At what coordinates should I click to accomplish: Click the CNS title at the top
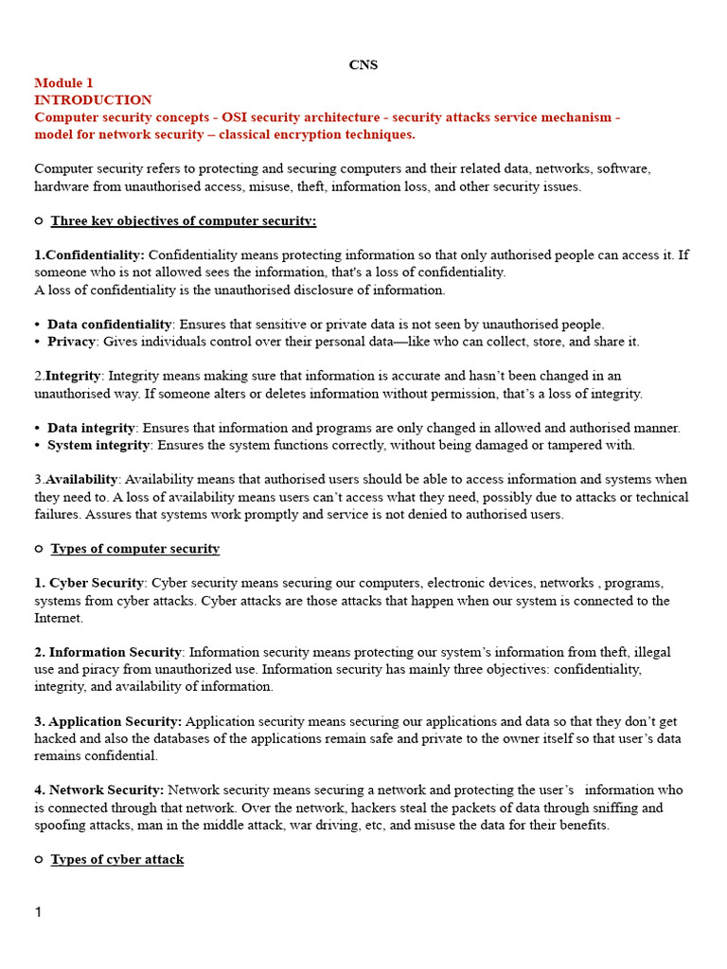point(363,65)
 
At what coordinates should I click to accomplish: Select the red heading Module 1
point(64,83)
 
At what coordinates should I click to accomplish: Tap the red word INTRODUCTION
point(93,100)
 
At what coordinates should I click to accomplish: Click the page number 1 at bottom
point(39,912)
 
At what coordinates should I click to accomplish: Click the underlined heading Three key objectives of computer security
point(183,220)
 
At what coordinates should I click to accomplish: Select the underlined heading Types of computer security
point(134,549)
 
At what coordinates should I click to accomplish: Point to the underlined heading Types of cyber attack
point(116,859)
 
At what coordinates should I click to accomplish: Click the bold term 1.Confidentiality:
point(90,255)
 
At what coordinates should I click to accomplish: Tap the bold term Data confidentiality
point(110,325)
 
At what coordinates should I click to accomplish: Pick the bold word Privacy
point(72,342)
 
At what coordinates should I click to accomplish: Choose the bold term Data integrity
point(92,428)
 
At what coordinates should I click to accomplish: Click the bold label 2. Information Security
point(108,652)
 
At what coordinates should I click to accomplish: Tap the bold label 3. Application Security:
point(109,721)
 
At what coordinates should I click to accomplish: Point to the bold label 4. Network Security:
point(99,790)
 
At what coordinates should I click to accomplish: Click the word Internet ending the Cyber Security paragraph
point(58,618)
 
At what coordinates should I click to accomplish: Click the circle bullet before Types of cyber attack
point(39,859)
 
